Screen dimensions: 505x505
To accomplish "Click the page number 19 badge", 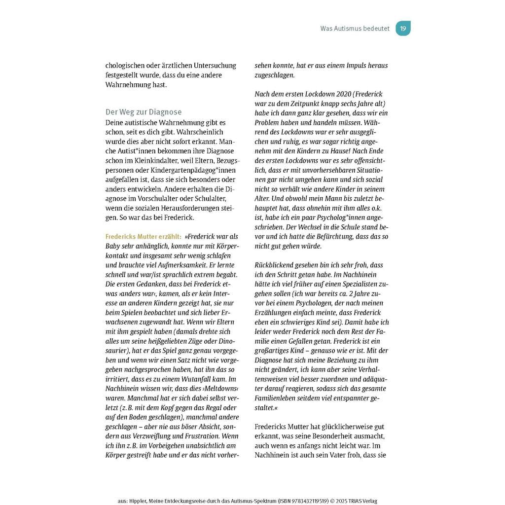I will click(x=403, y=29).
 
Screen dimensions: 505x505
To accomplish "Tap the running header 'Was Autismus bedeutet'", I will click(x=355, y=29).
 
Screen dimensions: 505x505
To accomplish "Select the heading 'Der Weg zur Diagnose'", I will click(x=144, y=112).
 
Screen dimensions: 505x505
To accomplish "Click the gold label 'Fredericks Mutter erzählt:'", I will click(x=144, y=236).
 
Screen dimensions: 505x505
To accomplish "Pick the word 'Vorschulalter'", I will click(x=161, y=198).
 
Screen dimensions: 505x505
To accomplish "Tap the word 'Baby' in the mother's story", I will click(x=113, y=246).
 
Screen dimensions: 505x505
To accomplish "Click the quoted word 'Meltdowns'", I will click(x=220, y=389).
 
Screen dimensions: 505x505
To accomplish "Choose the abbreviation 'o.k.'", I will click(x=376, y=208).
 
